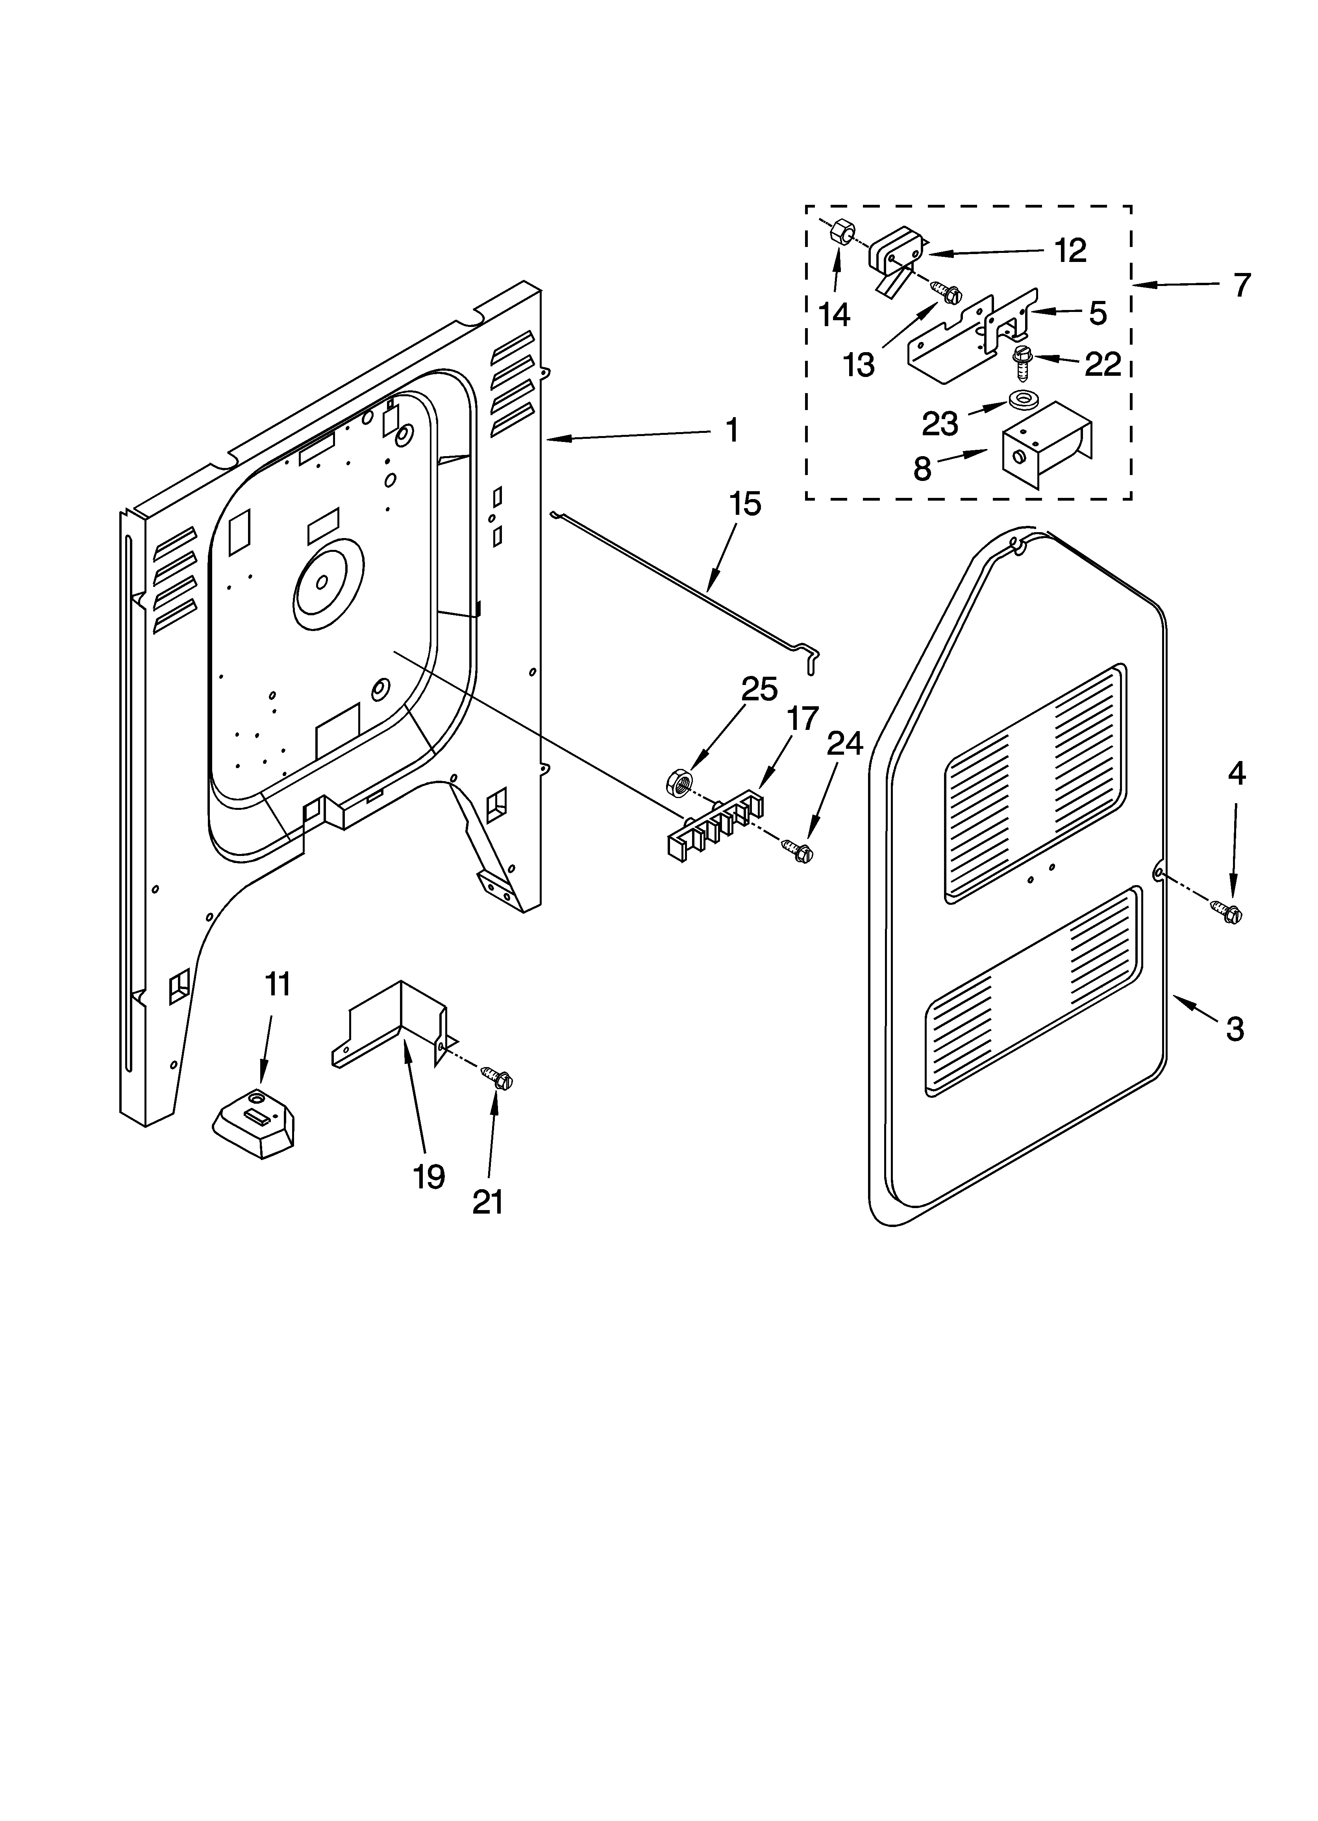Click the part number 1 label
(731, 431)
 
